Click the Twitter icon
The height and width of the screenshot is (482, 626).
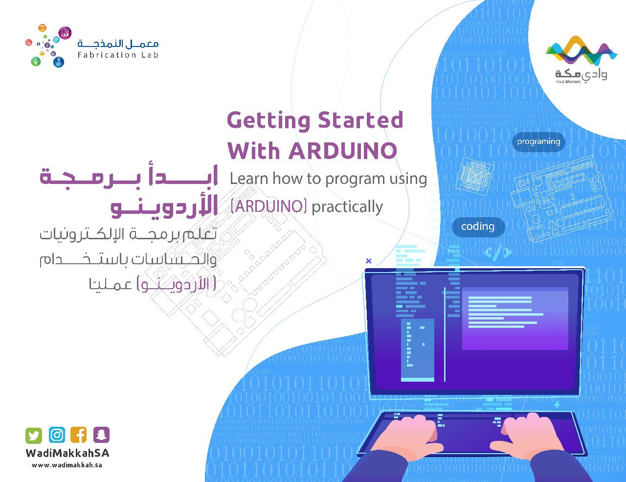(x=34, y=435)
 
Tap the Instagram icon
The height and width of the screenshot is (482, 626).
(x=57, y=435)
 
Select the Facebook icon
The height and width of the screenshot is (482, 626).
(x=79, y=435)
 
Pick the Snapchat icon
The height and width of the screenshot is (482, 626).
(x=101, y=435)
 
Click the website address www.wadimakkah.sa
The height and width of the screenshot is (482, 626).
(x=67, y=465)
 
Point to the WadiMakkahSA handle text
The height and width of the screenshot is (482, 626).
(x=67, y=453)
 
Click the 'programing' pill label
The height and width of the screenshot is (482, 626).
(x=538, y=142)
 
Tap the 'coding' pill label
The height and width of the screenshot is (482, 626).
(x=478, y=227)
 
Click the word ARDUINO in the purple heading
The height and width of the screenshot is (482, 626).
(x=342, y=151)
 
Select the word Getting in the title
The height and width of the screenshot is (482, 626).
(x=268, y=120)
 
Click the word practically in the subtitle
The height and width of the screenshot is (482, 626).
(x=347, y=207)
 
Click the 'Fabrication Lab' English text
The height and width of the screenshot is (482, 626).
(x=118, y=55)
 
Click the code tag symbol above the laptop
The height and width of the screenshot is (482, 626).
(x=498, y=252)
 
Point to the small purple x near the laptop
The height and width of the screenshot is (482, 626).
(x=369, y=261)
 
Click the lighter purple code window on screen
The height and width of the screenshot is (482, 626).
(x=515, y=318)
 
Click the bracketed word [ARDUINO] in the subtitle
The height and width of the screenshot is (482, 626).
(x=268, y=207)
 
